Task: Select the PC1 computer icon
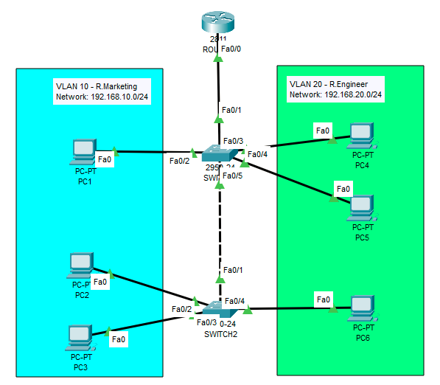[81, 151]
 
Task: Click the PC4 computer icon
[360, 135]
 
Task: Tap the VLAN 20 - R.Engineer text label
[328, 84]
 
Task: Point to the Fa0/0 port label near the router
[231, 49]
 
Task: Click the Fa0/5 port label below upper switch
[232, 176]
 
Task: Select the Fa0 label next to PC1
[105, 158]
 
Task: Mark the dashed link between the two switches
[219, 229]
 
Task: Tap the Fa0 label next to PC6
[323, 299]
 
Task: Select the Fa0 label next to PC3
[119, 340]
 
